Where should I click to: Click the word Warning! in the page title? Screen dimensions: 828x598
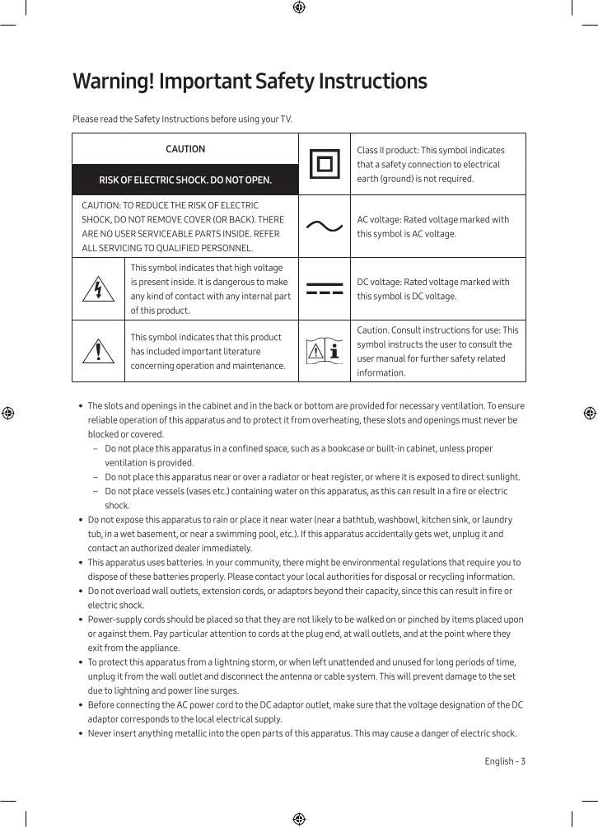pyautogui.click(x=113, y=82)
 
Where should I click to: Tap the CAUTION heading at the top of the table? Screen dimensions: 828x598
pyautogui.click(x=185, y=149)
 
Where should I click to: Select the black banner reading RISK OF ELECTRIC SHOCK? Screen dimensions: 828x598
pyautogui.click(x=185, y=180)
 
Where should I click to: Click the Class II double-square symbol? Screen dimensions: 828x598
pyautogui.click(x=324, y=165)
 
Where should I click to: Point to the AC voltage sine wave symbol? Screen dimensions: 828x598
pyautogui.click(x=324, y=227)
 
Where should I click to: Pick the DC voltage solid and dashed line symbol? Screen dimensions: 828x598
pyautogui.click(x=324, y=289)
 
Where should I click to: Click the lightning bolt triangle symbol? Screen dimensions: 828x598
pyautogui.click(x=99, y=290)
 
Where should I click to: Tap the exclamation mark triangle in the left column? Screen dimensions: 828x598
pyautogui.click(x=99, y=352)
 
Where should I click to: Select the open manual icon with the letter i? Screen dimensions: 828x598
pyautogui.click(x=324, y=352)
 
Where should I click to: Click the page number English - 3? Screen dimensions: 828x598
pyautogui.click(x=504, y=761)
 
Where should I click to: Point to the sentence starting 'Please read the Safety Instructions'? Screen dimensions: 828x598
pyautogui.click(x=182, y=119)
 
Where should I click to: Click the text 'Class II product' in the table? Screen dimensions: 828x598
pyautogui.click(x=387, y=151)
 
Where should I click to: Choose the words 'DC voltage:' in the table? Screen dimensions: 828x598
pyautogui.click(x=381, y=282)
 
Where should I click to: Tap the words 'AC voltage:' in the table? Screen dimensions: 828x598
pyautogui.click(x=381, y=220)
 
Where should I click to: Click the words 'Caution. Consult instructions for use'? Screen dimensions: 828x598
pyautogui.click(x=428, y=330)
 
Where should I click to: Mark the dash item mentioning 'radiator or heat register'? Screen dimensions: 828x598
pyautogui.click(x=311, y=477)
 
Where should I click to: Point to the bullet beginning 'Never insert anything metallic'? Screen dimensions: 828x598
pyautogui.click(x=301, y=733)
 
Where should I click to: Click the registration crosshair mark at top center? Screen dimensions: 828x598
pyautogui.click(x=299, y=7)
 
